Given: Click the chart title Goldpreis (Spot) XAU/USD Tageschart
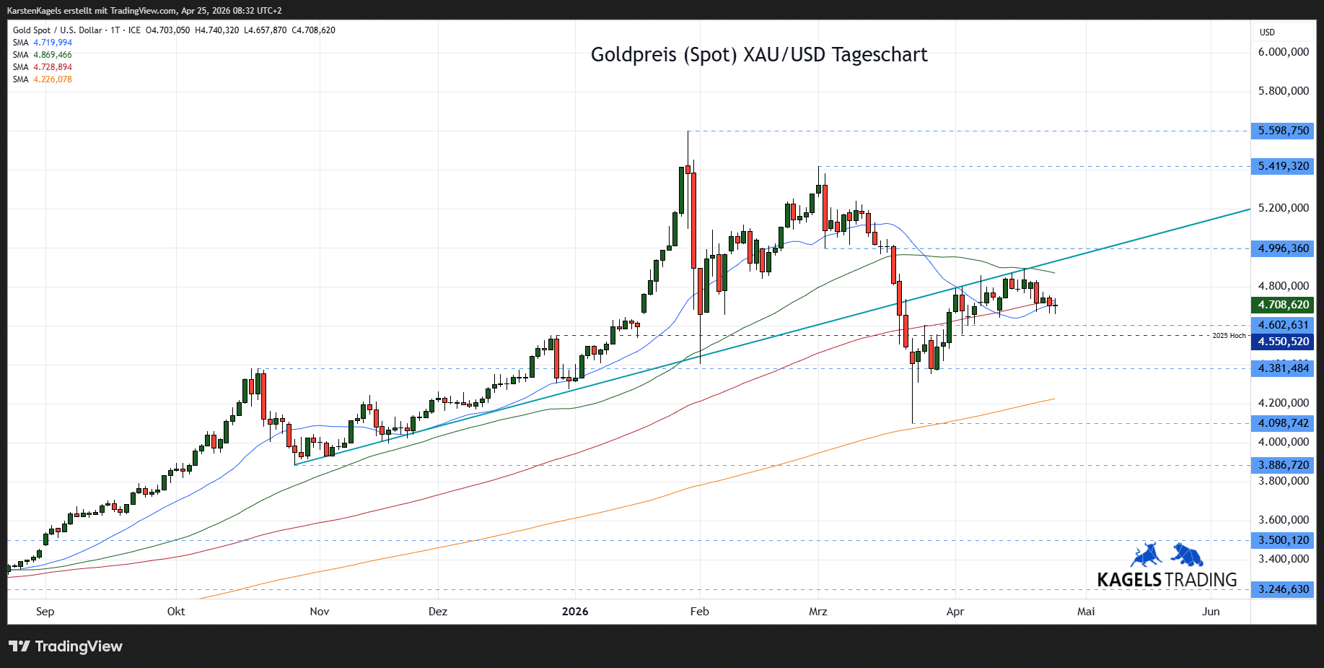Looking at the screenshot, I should coord(758,55).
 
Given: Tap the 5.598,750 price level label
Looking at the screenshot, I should coord(1283,131).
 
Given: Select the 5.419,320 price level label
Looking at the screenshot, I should coord(1283,166).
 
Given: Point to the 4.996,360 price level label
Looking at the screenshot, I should coord(1283,248).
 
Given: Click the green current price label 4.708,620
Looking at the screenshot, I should coord(1283,305).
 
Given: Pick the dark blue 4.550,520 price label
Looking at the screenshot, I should coord(1283,342).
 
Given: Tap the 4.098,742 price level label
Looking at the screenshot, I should coord(1283,423).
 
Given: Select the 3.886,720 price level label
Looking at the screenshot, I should coord(1283,465).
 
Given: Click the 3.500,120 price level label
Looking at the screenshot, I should coord(1283,540).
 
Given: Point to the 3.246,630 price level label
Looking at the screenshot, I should coord(1283,589).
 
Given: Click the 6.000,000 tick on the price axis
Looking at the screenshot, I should coord(1283,52).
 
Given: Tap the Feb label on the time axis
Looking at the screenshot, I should coord(699,612).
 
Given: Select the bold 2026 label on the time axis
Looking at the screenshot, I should coord(575,612).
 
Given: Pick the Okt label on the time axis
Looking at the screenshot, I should coord(176,612).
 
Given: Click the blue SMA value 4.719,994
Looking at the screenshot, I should coord(53,43).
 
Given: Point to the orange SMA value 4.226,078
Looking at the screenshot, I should coord(53,79).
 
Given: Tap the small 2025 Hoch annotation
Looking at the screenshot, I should coord(1229,336).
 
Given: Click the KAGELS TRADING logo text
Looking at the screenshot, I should coord(1167,580).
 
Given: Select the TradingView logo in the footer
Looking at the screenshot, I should coord(66,646).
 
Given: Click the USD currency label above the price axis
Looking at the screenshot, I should coord(1267,32).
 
